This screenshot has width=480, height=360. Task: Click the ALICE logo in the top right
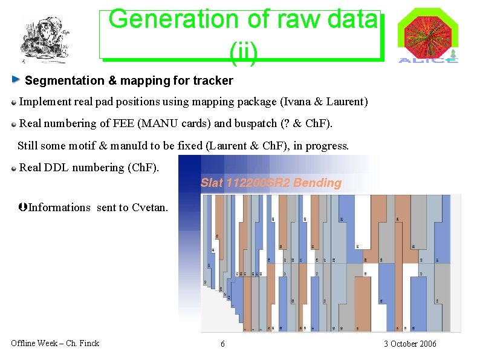click(x=428, y=36)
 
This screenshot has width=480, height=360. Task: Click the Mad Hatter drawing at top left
click(x=44, y=39)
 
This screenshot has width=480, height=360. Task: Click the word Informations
click(x=59, y=208)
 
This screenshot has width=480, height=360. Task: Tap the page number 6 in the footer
click(x=222, y=344)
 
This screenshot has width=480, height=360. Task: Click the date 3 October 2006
click(x=409, y=344)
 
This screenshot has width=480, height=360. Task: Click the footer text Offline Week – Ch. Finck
click(x=55, y=343)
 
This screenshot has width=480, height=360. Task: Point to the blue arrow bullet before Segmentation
click(x=16, y=80)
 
